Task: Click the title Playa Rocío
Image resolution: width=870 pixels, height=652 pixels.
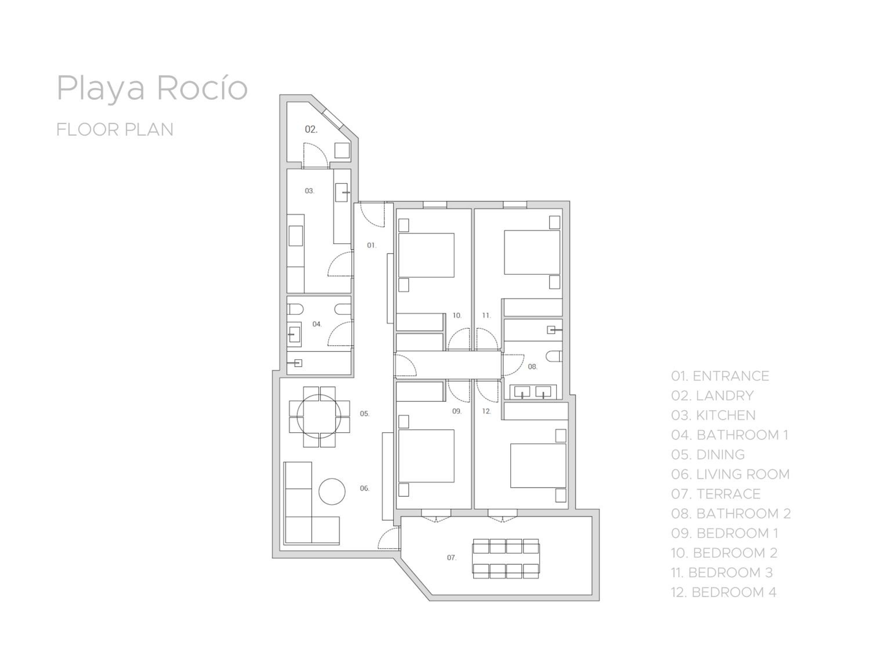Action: (x=152, y=88)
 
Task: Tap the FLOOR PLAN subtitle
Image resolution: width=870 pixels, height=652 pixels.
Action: (x=115, y=130)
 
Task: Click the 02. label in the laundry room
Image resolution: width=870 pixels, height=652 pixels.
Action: (x=311, y=129)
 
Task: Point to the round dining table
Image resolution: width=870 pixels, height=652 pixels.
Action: (x=319, y=417)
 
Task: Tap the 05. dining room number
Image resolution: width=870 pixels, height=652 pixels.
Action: (x=365, y=414)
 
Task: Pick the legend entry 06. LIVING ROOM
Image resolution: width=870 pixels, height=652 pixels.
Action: (x=731, y=474)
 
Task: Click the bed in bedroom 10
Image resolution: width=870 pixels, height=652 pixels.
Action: (x=426, y=255)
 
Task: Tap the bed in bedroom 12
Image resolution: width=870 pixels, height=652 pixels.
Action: (x=538, y=466)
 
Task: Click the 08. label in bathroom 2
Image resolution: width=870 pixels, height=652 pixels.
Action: (x=532, y=367)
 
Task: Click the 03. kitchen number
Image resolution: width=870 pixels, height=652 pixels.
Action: (x=309, y=191)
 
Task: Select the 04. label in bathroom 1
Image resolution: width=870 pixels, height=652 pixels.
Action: (x=317, y=324)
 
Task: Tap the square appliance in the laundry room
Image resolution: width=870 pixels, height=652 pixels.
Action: (x=342, y=150)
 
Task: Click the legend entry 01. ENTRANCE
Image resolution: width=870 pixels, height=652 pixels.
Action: (x=720, y=376)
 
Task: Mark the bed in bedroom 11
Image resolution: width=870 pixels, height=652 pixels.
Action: (x=532, y=252)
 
